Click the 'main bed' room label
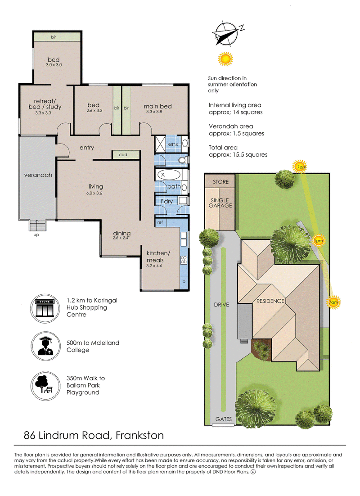[157, 106]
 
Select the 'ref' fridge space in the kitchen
[160, 222]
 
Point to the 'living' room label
[95, 187]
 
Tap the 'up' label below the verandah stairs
[36, 234]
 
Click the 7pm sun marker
[299, 167]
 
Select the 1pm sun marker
[318, 241]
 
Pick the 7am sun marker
[333, 302]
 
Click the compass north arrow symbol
[227, 32]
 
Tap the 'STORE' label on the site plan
[220, 182]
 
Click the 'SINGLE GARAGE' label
[220, 203]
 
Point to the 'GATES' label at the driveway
[223, 419]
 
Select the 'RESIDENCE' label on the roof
[270, 301]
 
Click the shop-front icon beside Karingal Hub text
[45, 308]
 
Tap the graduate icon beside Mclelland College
[45, 347]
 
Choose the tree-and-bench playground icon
[45, 386]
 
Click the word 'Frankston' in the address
[140, 436]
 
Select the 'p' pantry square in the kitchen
[184, 282]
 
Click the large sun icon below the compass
[225, 59]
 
